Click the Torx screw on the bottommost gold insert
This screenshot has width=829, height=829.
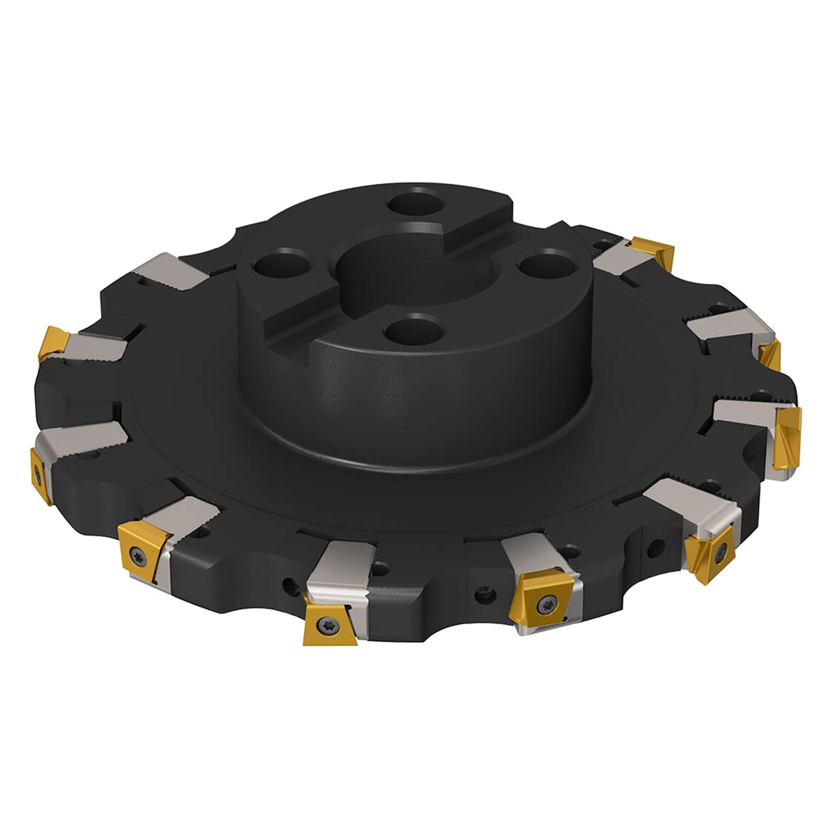(x=323, y=625)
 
